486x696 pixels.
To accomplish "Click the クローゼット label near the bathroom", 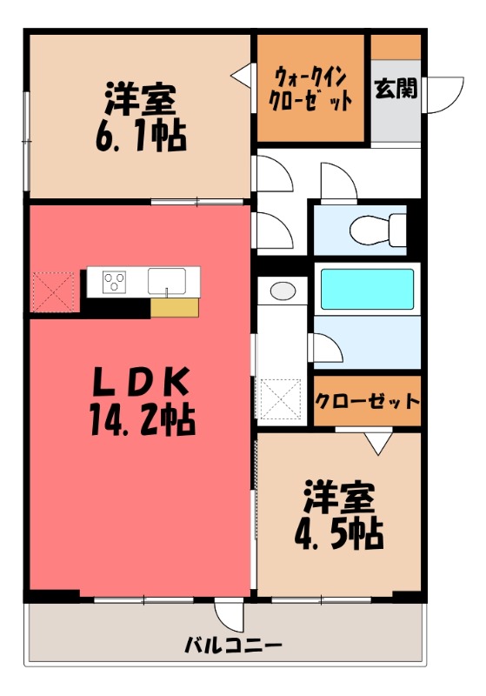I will pyautogui.click(x=367, y=401).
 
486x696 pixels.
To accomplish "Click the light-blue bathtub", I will pyautogui.click(x=367, y=289).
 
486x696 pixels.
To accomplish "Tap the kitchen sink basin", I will pyautogui.click(x=165, y=281).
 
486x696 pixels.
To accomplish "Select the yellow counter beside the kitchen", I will pyautogui.click(x=174, y=307).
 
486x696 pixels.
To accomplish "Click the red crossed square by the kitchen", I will pyautogui.click(x=55, y=291).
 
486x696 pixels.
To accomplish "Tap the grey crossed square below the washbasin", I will pyautogui.click(x=280, y=400).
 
